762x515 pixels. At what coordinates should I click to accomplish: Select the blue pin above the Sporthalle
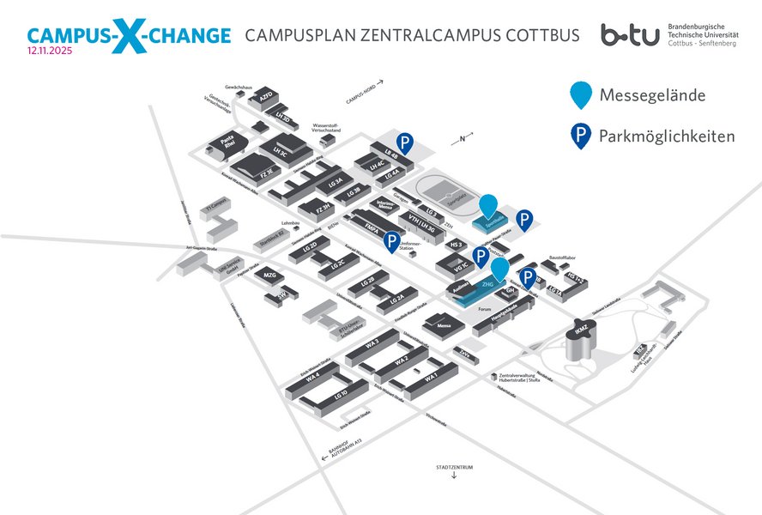coord(487,207)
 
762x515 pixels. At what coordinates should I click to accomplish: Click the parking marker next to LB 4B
coord(403,143)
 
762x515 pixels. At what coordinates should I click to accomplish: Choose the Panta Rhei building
coord(229,143)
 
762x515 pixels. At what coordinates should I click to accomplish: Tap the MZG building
coord(269,276)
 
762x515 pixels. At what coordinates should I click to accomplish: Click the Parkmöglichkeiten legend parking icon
coord(583,136)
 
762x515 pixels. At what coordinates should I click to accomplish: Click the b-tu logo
coord(631,35)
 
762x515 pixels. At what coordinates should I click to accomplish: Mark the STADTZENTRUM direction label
coord(454,467)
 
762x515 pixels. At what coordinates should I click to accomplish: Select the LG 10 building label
coord(340,395)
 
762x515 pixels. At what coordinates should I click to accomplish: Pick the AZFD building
coord(265,97)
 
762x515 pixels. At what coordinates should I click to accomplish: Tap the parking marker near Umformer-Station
coord(392,242)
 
